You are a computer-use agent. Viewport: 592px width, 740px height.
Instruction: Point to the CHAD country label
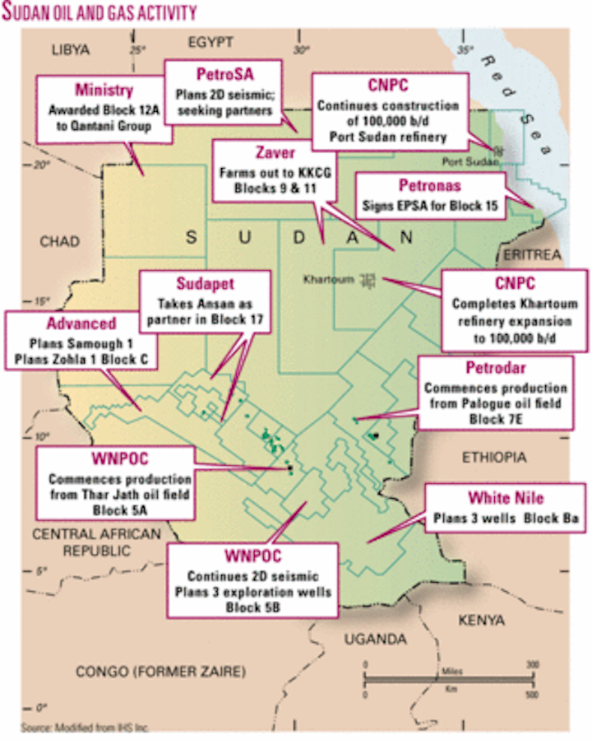pyautogui.click(x=60, y=241)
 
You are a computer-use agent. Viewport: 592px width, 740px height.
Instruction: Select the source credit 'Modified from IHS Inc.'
pyautogui.click(x=86, y=727)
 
